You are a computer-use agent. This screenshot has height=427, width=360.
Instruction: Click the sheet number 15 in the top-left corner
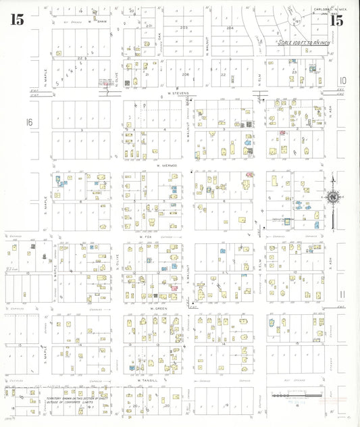tap(16, 20)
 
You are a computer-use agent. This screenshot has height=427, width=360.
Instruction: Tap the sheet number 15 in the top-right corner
tap(336, 20)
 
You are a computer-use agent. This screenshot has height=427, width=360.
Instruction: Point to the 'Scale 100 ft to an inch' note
tap(302, 42)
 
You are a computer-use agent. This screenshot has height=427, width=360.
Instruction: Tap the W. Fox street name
tap(144, 237)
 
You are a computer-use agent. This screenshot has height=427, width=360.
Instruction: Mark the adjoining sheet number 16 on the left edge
tap(28, 122)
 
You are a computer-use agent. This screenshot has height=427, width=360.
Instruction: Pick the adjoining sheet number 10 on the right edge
tap(342, 79)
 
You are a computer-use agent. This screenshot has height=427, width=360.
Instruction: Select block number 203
tap(184, 28)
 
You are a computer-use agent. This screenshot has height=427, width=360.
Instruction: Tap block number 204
tap(229, 28)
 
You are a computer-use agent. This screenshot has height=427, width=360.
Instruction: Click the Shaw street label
tap(103, 21)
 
